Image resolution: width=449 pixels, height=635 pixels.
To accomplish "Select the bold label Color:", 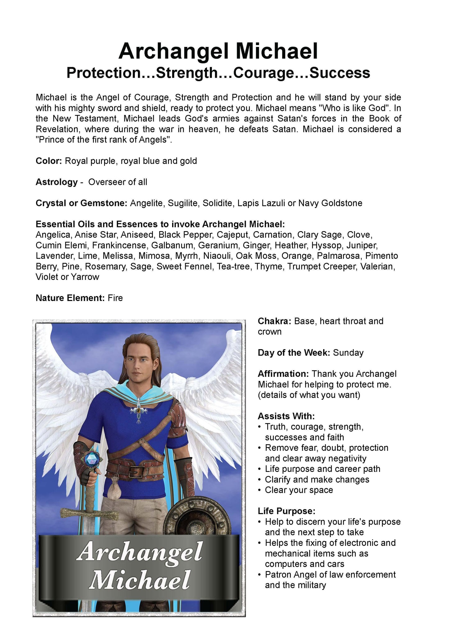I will coord(49,161).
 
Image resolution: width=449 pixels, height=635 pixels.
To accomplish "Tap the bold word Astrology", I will coord(57,182).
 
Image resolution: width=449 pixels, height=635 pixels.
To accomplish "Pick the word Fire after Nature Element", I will coord(115,298).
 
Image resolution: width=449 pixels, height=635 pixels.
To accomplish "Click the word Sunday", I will coord(348,353).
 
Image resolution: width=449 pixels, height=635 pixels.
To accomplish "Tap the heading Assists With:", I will coord(286,416).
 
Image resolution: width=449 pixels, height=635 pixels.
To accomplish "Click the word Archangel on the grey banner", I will coord(140,552).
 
